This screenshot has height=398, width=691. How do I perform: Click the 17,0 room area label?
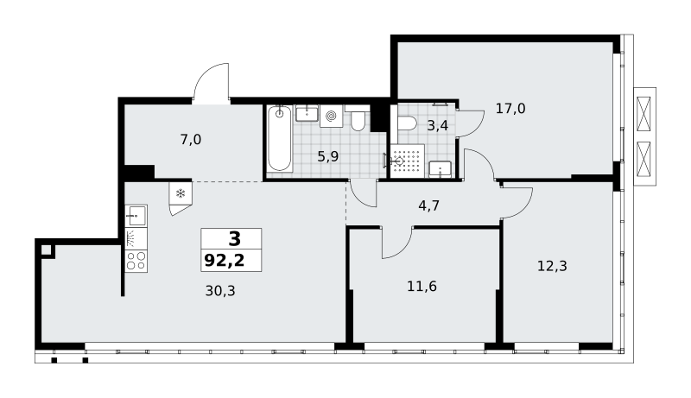pos(510,108)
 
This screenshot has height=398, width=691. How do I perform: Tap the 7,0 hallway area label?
pos(190,140)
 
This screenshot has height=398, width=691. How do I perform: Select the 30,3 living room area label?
pos(220,291)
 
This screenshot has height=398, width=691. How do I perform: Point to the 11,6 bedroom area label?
pos(422,287)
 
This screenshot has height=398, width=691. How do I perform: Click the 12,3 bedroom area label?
pos(552,266)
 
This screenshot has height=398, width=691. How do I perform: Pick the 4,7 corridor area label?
pos(428,205)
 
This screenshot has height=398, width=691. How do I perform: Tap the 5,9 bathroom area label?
pos(328,156)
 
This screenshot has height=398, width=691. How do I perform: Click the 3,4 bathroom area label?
pos(438,126)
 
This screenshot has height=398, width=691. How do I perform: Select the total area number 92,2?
pos(225,261)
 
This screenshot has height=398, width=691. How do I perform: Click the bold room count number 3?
pos(235,239)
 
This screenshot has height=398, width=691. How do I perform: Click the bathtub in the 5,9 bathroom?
pos(280,138)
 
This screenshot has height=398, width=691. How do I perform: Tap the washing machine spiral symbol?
pos(331,117)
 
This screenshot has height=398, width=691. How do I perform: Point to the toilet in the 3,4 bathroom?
pos(406,123)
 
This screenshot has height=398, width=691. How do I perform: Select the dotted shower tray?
pos(407,161)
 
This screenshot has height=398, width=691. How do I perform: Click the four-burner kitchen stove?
pos(136,261)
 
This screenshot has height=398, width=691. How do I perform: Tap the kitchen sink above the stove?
pos(136,216)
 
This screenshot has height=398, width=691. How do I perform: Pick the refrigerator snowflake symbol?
pos(181,193)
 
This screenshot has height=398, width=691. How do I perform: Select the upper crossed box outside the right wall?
pos(643,114)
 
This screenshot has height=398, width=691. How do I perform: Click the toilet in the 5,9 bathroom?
pos(358,119)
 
